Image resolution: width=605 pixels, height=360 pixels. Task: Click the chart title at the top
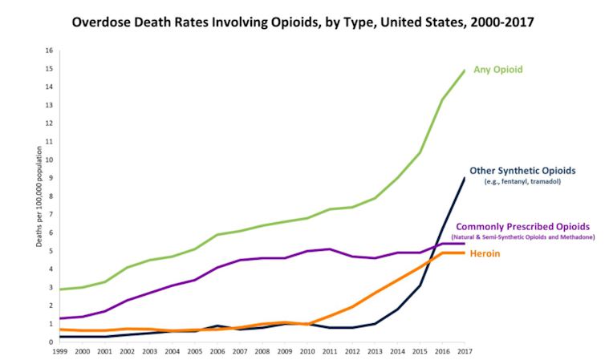302,22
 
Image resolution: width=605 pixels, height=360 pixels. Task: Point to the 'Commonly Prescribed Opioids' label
525,228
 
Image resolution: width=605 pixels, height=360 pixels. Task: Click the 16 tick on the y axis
50,51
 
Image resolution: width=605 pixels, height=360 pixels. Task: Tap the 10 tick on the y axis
50,160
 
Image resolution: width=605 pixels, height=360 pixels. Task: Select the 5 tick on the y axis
51,251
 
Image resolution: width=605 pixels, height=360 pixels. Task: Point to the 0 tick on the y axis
51,342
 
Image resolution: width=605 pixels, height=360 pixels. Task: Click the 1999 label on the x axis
60,352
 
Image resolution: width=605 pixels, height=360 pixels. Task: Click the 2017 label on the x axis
464,352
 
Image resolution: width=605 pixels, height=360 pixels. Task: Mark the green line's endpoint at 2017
465,71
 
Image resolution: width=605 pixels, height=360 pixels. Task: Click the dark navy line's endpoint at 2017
465,178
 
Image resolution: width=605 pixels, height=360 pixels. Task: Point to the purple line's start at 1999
60,318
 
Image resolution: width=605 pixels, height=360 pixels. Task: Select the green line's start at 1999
60,289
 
